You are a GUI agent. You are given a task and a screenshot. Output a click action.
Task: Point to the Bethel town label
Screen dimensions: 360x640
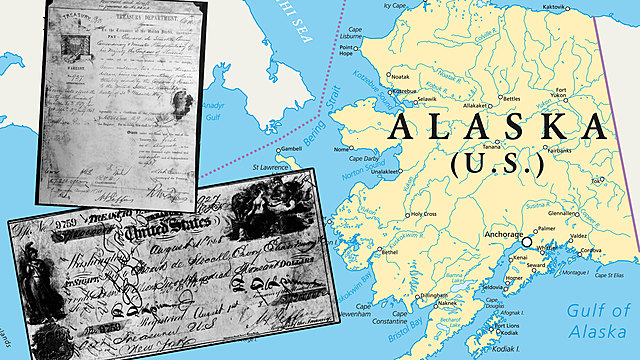(389, 252)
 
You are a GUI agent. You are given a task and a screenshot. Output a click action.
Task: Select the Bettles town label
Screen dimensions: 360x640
(511, 100)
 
